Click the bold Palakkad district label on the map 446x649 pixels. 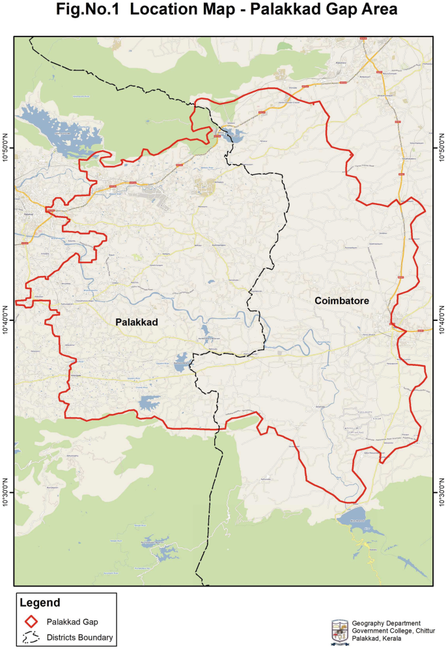click(x=137, y=322)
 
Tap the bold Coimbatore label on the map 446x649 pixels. click(x=342, y=301)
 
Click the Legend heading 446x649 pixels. click(x=40, y=603)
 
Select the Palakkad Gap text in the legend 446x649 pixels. click(x=72, y=622)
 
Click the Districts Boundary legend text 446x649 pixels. click(x=79, y=637)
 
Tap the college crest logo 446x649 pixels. click(x=339, y=631)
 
